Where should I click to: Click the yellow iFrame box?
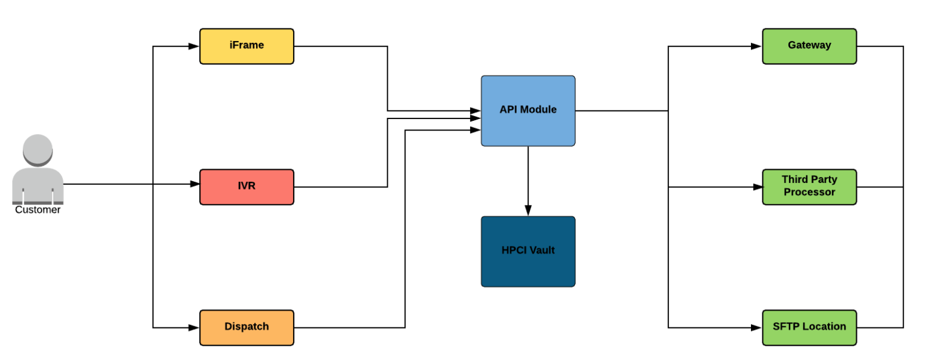[246, 46]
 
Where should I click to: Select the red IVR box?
[246, 187]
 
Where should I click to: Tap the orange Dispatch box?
[246, 327]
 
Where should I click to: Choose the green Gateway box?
[809, 46]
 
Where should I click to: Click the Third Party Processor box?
[809, 187]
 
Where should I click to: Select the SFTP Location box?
[809, 327]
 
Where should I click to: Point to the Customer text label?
[37, 210]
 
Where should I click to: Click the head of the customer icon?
[37, 149]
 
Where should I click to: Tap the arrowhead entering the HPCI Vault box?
[528, 210]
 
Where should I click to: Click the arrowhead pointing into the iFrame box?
[194, 46]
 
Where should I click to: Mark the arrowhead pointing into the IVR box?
[194, 184]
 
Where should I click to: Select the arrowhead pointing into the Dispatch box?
[194, 327]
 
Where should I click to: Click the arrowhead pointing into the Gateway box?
[756, 46]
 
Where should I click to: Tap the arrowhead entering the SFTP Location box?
[756, 327]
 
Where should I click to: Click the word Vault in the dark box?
[541, 250]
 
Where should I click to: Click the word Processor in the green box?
[809, 193]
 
